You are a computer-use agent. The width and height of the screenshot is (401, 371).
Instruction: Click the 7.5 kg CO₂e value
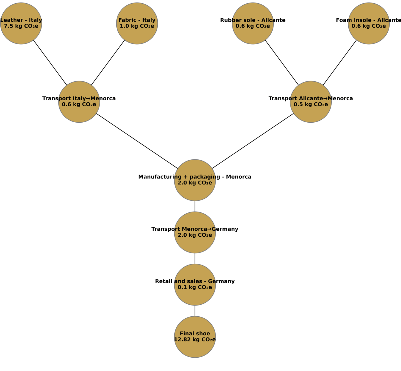(x=21, y=26)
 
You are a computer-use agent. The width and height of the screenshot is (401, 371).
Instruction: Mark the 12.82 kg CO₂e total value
(x=195, y=340)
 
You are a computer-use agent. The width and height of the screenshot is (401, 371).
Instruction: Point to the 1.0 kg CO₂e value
(x=137, y=26)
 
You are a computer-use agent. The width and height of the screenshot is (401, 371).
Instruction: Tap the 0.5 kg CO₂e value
(x=311, y=105)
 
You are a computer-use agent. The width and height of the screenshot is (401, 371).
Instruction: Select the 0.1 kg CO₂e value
(x=195, y=287)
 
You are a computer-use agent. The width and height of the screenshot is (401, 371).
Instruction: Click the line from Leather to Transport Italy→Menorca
(x=50, y=63)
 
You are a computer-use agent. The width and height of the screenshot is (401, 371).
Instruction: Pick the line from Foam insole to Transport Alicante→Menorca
(x=340, y=63)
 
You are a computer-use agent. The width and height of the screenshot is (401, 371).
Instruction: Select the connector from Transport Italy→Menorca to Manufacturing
(x=137, y=141)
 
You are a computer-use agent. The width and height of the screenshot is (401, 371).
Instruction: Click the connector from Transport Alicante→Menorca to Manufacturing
(x=253, y=141)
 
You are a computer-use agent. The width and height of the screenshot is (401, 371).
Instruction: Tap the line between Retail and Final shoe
(x=195, y=311)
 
